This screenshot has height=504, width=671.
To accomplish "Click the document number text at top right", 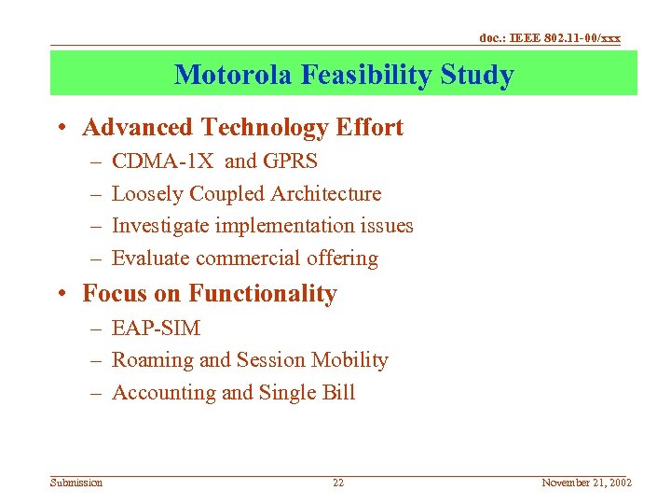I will click(x=550, y=38).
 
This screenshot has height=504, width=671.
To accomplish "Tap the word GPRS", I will click(x=290, y=161).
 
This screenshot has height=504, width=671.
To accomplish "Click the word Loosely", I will click(x=147, y=194).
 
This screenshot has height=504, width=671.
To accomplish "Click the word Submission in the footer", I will click(x=76, y=483).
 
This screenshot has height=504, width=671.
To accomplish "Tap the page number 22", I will click(x=338, y=483).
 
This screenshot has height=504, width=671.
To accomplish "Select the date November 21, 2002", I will click(x=586, y=483).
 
